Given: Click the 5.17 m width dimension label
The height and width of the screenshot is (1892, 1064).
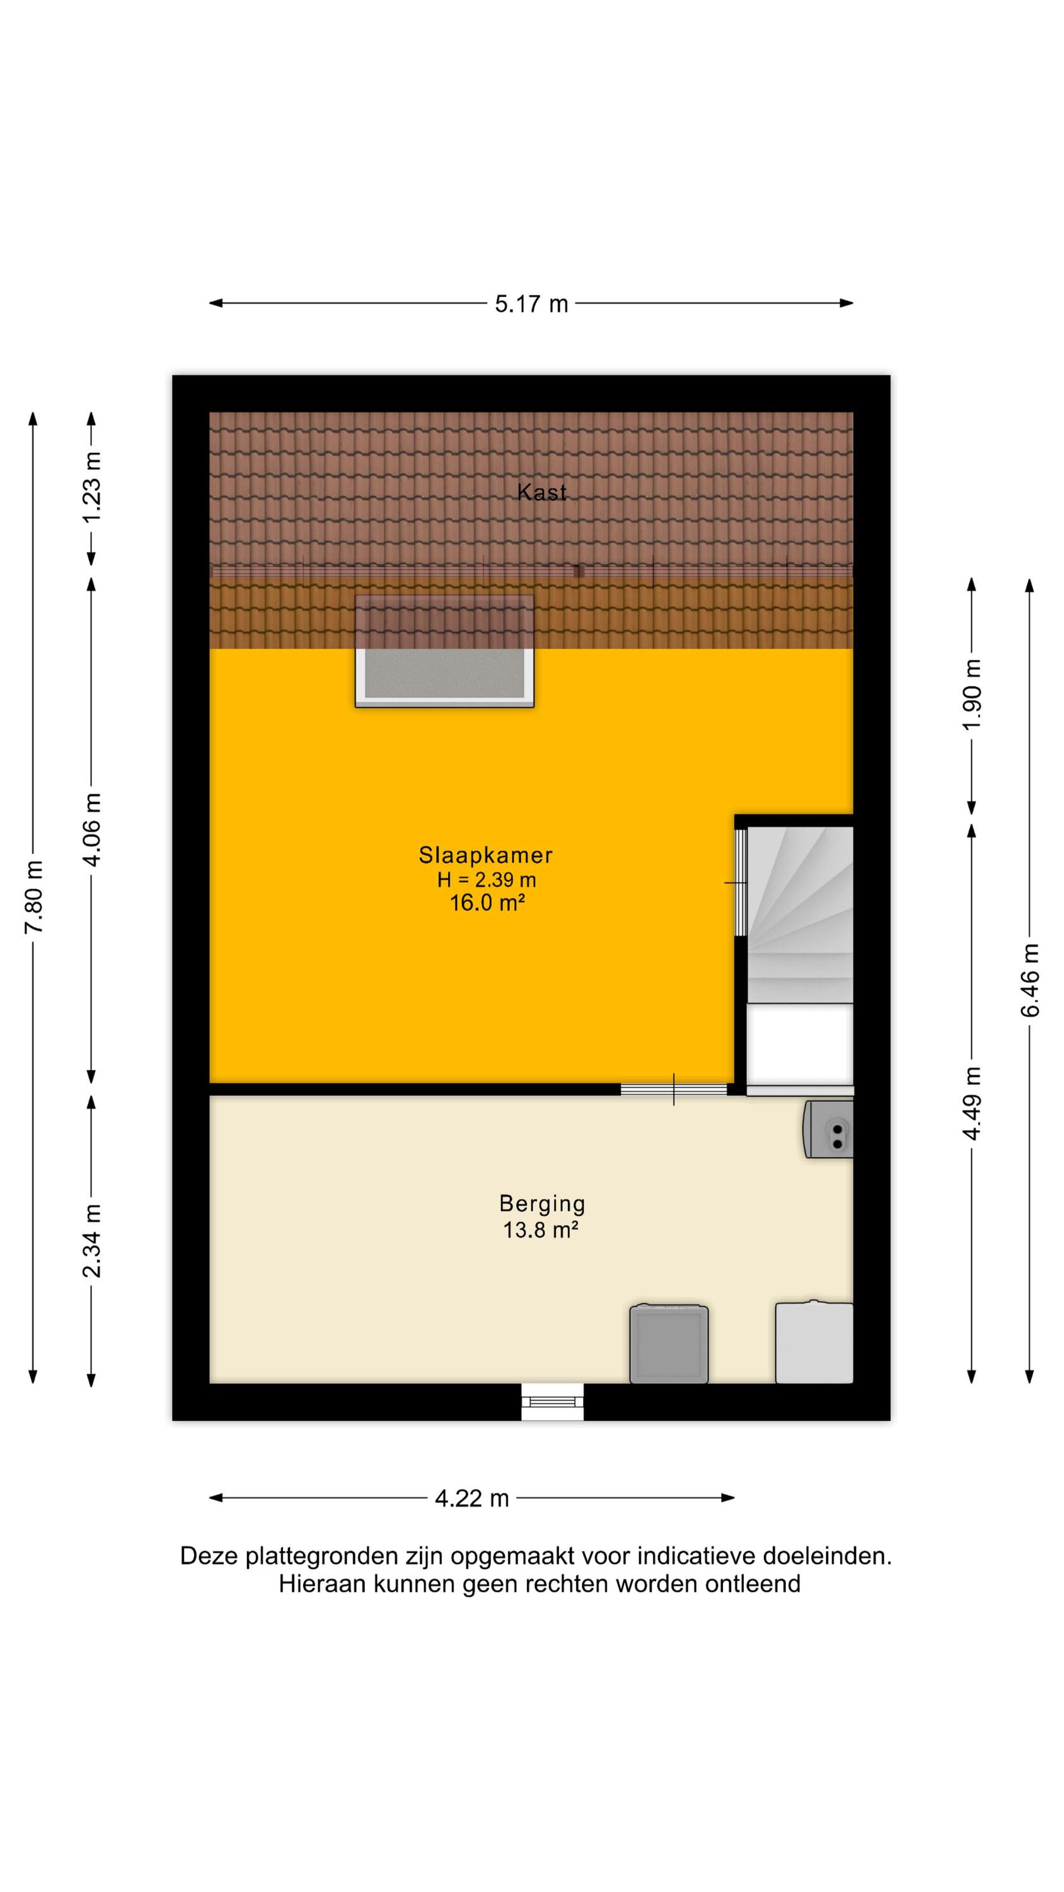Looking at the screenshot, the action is (x=531, y=303).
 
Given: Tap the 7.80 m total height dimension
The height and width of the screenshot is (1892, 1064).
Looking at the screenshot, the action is (x=35, y=896).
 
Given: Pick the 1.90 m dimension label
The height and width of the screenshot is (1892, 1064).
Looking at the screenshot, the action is (x=971, y=694).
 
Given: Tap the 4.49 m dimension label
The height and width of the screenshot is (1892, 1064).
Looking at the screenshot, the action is (x=971, y=1103).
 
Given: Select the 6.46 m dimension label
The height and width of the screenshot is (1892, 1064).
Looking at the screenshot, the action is (x=1029, y=980).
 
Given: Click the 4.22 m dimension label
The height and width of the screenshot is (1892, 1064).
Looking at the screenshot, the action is (x=471, y=1498).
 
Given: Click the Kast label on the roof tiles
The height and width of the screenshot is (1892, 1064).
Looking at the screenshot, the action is (x=542, y=492).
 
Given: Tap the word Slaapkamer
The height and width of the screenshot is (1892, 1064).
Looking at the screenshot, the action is (x=485, y=855).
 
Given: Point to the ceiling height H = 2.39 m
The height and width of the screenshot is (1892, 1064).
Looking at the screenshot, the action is (x=486, y=879).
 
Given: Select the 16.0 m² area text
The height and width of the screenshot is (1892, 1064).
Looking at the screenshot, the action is (x=487, y=902).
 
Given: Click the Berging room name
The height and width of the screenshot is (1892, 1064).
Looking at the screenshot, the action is (x=542, y=1204).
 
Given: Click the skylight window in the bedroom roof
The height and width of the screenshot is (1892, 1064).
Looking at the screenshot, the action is (x=444, y=651).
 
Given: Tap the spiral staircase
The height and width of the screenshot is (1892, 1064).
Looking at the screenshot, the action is (x=801, y=914).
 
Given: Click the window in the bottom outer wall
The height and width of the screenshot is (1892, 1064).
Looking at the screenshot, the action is (x=552, y=1401).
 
